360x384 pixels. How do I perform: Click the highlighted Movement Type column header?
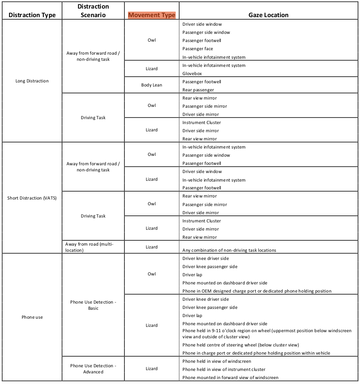tap(151, 15)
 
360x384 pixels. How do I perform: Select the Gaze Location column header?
tap(268, 15)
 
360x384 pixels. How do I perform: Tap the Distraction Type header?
tap(32, 15)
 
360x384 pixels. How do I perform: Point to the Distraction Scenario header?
tap(93, 11)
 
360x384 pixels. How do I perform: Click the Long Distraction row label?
tap(32, 81)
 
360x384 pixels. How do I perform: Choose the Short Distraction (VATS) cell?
tap(32, 198)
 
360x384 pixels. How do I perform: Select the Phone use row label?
tap(32, 317)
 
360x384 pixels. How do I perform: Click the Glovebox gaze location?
tap(192, 73)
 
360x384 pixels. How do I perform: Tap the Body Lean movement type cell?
tap(151, 85)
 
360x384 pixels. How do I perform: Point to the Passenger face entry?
tap(198, 49)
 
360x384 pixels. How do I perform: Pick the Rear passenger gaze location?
tap(198, 90)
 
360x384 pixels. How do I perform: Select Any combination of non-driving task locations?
tap(229, 250)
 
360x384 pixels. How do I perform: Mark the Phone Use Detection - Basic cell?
tap(93, 305)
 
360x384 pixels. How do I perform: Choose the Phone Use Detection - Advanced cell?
tap(93, 368)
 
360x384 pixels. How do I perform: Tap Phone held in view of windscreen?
tap(216, 361)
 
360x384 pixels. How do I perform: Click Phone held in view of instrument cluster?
tap(224, 369)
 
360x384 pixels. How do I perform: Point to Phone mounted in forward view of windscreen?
tap(230, 377)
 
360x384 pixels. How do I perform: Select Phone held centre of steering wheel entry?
tap(240, 345)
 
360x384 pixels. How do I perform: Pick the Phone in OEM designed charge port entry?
tap(257, 291)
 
